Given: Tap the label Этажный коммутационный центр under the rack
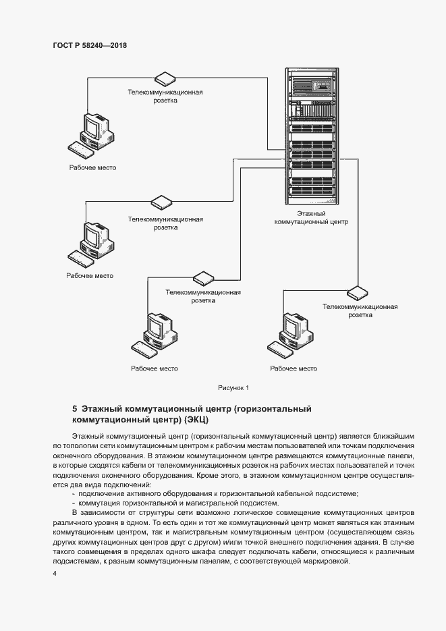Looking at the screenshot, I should pyautogui.click(x=311, y=217).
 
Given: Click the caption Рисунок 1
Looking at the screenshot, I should pyautogui.click(x=234, y=387).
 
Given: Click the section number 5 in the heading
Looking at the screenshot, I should pyautogui.click(x=74, y=409).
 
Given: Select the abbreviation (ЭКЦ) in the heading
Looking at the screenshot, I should pyautogui.click(x=196, y=420).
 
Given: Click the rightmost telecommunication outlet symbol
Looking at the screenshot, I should pyautogui.click(x=358, y=291).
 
